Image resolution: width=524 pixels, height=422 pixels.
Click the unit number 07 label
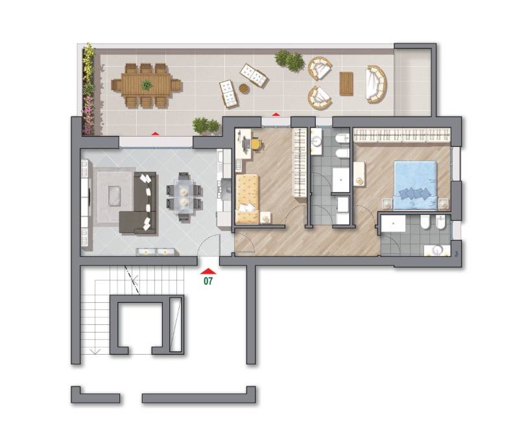208,281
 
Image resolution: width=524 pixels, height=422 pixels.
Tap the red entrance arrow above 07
208,271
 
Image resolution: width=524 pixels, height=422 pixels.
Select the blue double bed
415,185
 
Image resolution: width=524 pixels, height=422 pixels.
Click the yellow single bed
247,199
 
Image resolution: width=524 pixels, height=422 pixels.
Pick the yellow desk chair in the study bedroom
256,144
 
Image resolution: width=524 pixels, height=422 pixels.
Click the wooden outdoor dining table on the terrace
147,85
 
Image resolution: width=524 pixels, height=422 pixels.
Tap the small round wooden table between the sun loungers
244,89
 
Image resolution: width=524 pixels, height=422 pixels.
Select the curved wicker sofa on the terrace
376,83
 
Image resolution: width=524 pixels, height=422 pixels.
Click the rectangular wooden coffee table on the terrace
346,83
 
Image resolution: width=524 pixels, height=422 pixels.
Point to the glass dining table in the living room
184,197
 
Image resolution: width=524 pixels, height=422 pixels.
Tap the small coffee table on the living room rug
114,196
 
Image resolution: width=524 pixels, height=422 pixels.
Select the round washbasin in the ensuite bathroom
436,250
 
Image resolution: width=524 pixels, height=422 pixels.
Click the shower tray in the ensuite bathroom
393,223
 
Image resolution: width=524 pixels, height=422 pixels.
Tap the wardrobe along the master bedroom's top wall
402,135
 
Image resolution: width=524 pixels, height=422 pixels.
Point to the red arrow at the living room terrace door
155,133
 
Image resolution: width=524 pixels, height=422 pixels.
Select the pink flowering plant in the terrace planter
88,113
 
